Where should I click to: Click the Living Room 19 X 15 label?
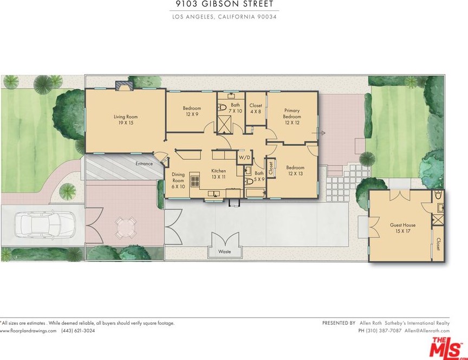126,119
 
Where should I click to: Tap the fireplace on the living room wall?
124,86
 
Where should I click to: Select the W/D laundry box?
244,157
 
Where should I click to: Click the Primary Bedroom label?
292,117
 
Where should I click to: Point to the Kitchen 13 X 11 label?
218,174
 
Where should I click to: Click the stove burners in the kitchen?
195,181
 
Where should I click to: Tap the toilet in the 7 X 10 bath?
222,107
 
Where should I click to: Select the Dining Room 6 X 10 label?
178,181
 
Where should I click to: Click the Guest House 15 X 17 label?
402,228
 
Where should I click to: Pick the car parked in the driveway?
44,225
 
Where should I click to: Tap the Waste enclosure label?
224,252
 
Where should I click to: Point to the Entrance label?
144,164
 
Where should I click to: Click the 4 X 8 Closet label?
256,108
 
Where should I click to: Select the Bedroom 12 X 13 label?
295,171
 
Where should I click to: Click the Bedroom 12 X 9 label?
192,111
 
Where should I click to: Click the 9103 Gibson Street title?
224,4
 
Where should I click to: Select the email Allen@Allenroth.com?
427,331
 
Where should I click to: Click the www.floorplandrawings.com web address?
28,331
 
